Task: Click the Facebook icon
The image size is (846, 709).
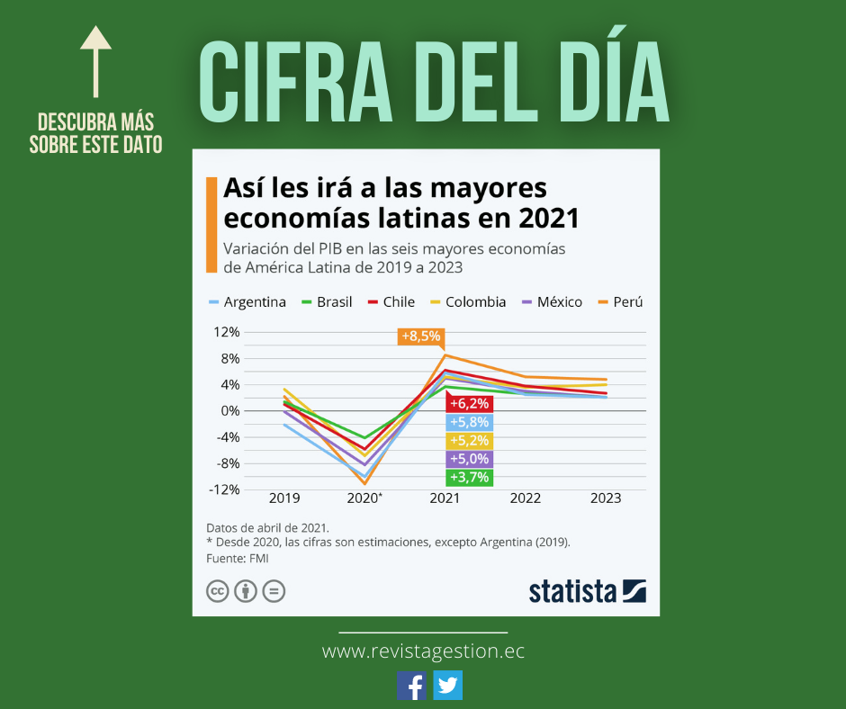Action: tap(412, 686)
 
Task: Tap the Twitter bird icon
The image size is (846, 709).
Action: tap(447, 686)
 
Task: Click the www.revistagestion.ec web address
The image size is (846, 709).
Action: tap(423, 651)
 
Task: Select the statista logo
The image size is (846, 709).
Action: tap(587, 591)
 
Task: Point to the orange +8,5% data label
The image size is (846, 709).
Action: tap(420, 337)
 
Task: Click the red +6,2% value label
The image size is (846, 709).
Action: tap(469, 404)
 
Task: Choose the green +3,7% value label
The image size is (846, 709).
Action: tap(469, 477)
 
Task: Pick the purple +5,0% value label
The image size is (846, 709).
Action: tap(469, 459)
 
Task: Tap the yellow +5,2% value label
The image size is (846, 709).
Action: tap(469, 441)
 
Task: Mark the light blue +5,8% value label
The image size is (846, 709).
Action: tap(469, 422)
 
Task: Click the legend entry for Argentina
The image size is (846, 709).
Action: tap(247, 302)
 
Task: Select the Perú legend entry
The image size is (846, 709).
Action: tap(621, 302)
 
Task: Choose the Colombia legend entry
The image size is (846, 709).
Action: tap(468, 302)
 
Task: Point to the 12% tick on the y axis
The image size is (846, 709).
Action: tap(226, 332)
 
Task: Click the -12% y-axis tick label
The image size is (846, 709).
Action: tap(224, 489)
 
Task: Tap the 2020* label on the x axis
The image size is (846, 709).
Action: tap(364, 498)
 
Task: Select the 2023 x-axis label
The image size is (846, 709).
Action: tap(605, 498)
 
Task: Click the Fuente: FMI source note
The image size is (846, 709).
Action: tap(238, 559)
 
